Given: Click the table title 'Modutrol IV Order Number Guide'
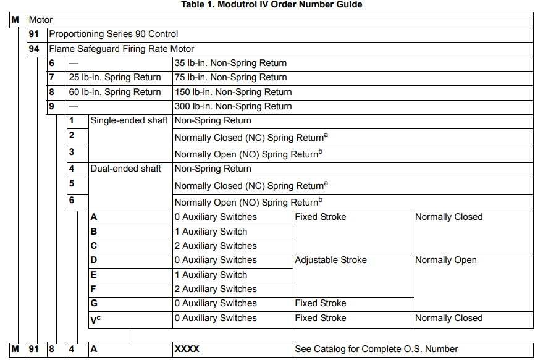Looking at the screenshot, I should click(x=271, y=5).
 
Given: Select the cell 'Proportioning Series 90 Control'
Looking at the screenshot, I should click(x=113, y=34).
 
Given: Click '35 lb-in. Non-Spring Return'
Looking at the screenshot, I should click(x=230, y=63).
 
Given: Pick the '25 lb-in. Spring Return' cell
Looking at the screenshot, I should click(x=114, y=77).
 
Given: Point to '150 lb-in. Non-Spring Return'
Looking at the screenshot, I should click(x=233, y=92).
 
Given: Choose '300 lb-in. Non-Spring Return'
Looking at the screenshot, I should click(x=233, y=106).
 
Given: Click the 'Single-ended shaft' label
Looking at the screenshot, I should click(x=128, y=120).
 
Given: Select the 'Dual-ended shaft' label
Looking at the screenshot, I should click(x=125, y=169).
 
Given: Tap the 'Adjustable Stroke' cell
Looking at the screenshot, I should click(x=330, y=260).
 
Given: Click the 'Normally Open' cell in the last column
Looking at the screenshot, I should click(x=445, y=260).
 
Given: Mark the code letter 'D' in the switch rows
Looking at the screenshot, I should click(x=94, y=260).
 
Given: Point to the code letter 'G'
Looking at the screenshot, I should click(x=94, y=303).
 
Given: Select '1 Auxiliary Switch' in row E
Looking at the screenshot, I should click(x=211, y=275).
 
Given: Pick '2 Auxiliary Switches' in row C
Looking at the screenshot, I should click(x=215, y=246).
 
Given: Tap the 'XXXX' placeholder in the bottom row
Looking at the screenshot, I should click(x=187, y=349).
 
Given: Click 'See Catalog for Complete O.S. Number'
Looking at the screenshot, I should click(x=376, y=349).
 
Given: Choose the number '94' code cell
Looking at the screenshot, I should click(x=34, y=49).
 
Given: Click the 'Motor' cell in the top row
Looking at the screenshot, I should click(x=41, y=20).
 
